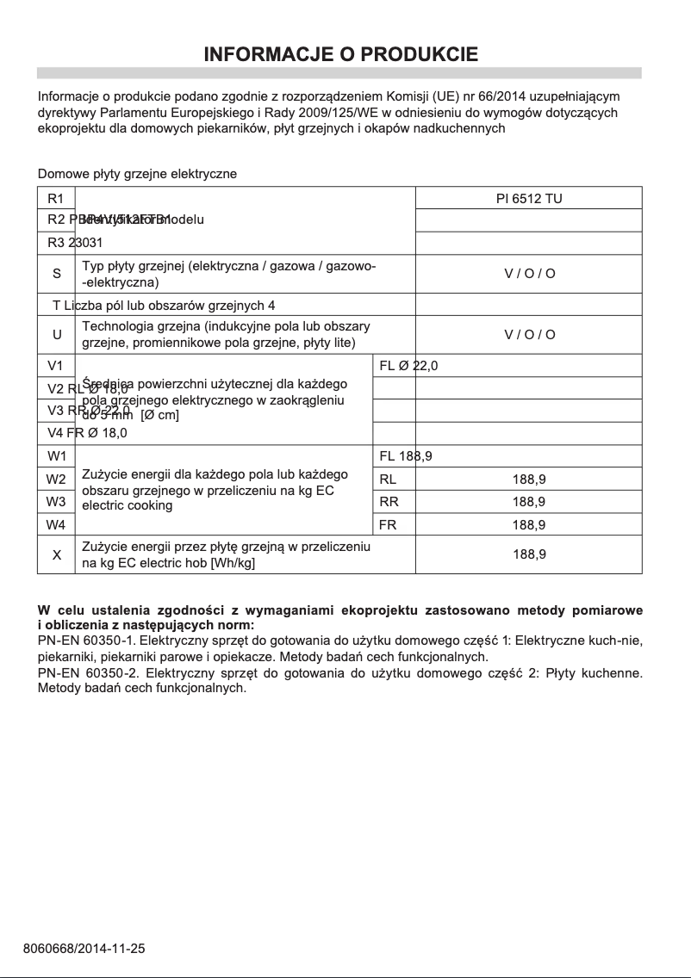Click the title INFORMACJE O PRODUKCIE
(340, 55)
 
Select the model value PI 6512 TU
(529, 199)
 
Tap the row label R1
(56, 199)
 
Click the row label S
(57, 274)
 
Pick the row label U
(57, 334)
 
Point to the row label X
(57, 555)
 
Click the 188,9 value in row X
(529, 555)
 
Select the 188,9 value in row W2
(529, 480)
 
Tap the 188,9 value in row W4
(529, 524)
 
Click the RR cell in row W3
(389, 502)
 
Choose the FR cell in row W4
(388, 524)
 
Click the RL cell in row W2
(388, 480)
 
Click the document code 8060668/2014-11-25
(84, 949)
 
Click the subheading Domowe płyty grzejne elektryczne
(137, 174)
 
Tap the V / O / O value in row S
(529, 274)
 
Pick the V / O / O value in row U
(529, 334)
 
